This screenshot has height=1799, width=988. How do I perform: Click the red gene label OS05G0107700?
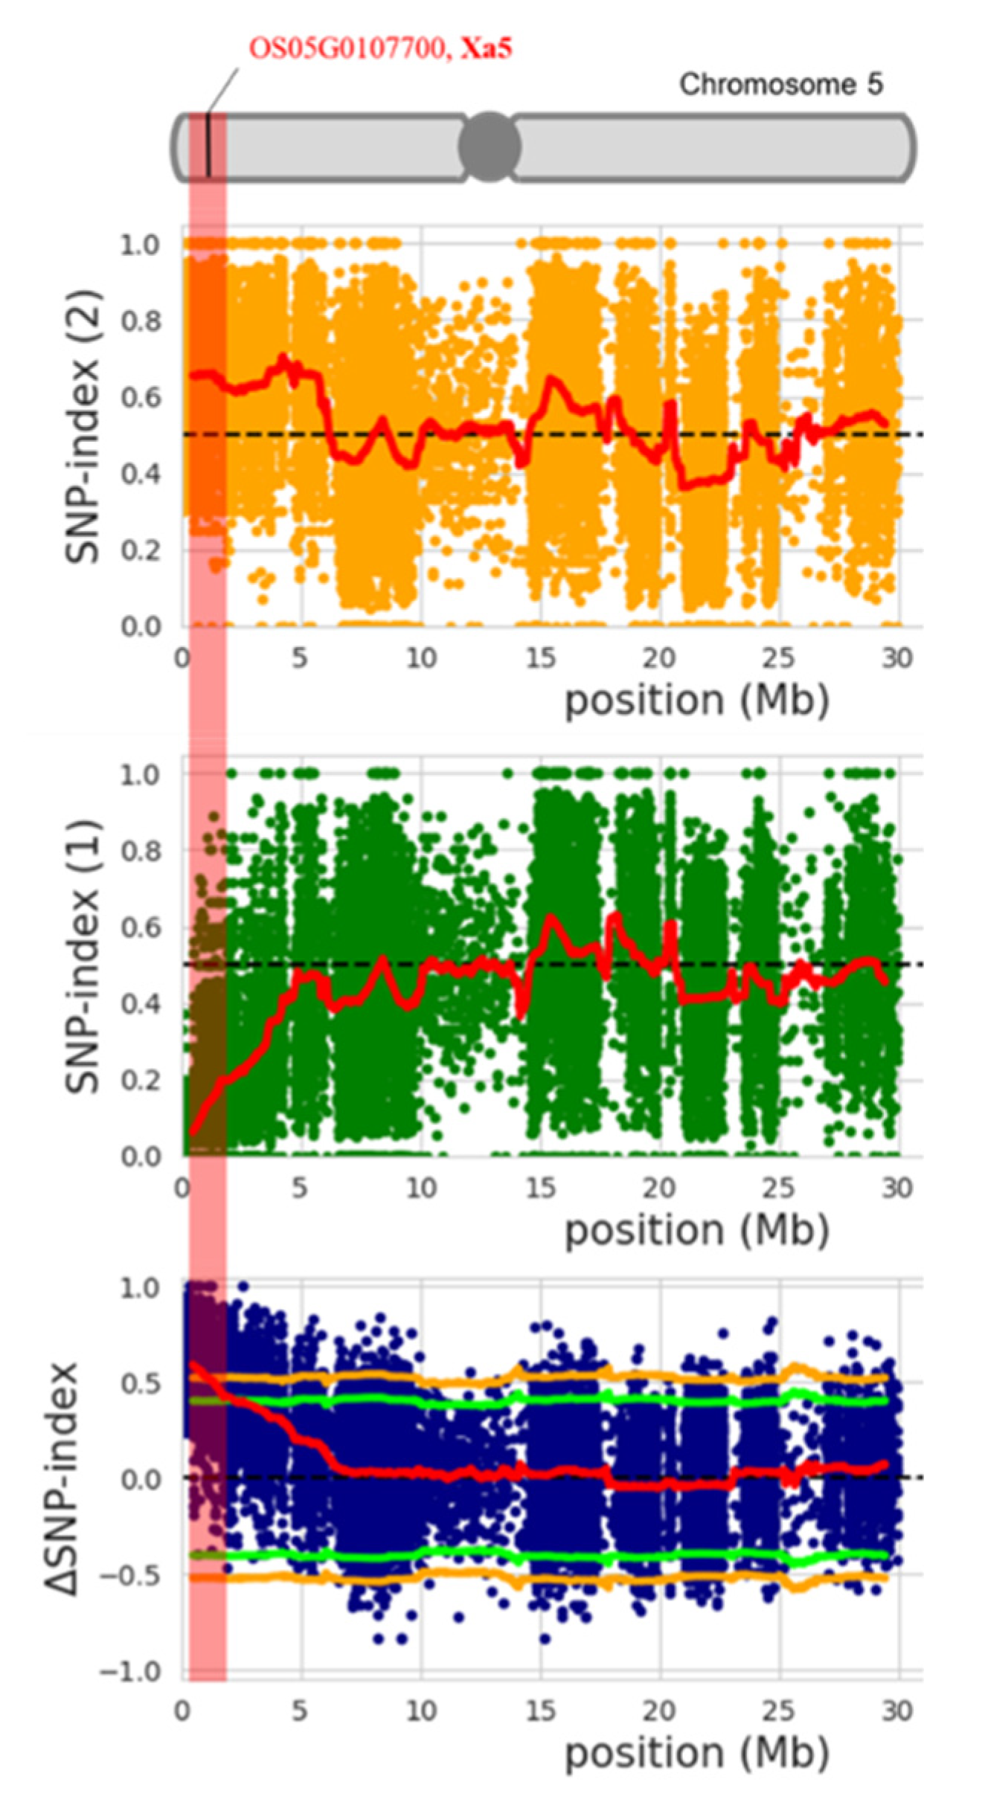tap(348, 49)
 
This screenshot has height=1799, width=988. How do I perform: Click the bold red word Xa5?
tap(486, 49)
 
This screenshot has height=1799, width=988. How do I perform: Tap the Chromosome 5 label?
tap(780, 84)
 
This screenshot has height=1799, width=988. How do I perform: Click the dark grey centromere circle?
tap(489, 147)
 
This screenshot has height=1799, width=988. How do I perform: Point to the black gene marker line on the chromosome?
tap(209, 145)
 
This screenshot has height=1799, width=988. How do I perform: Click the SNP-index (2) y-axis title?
tap(83, 428)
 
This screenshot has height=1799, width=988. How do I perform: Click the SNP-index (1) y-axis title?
tap(83, 956)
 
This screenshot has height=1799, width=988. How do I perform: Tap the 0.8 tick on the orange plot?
tap(141, 321)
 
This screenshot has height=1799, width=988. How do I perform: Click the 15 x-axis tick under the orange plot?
tap(540, 658)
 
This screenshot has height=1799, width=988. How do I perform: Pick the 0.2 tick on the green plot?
tap(141, 1080)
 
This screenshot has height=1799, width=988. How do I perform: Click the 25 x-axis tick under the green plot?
tap(778, 1188)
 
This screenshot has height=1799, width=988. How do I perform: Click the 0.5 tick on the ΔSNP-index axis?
tap(141, 1384)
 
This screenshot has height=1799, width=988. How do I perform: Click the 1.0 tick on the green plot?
tap(141, 774)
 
